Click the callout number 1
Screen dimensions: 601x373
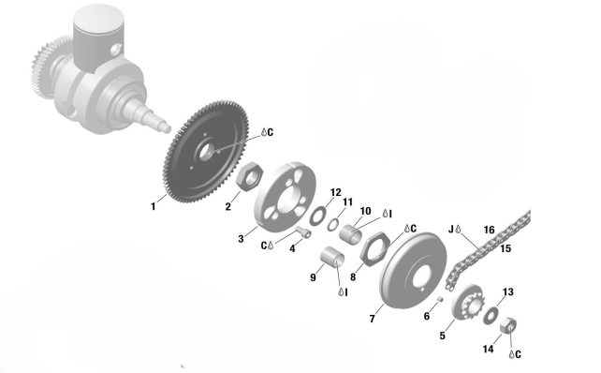click(154, 206)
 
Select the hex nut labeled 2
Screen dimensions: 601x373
click(250, 176)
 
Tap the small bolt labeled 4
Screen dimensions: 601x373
click(302, 231)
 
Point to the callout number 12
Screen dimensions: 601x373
click(335, 192)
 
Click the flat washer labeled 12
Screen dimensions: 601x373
click(317, 216)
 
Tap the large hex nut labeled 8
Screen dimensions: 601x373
click(374, 249)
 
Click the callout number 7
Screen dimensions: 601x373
click(372, 319)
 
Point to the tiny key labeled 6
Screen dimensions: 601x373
click(440, 298)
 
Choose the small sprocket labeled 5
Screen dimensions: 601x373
click(468, 302)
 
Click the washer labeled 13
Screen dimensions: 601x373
click(491, 316)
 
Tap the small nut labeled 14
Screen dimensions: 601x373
click(508, 326)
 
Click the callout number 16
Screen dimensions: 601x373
click(489, 230)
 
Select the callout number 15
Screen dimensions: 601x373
click(506, 248)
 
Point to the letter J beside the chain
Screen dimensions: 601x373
click(451, 230)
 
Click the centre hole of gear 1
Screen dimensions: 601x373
click(206, 152)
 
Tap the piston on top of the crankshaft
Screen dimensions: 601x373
click(99, 37)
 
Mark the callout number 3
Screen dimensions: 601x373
click(241, 239)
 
